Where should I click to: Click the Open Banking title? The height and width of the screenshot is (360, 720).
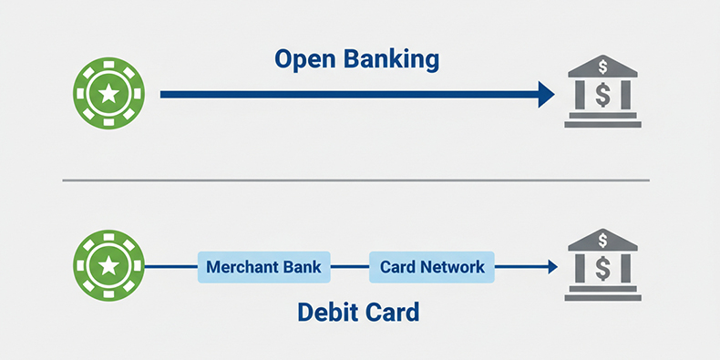coord(356,61)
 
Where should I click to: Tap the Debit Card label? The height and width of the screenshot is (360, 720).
coord(358,313)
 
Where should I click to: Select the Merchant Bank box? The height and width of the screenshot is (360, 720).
coord(264,268)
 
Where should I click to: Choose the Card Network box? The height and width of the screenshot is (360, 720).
coord(432,268)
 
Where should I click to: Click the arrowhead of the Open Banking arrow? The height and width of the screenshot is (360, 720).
coord(546,94)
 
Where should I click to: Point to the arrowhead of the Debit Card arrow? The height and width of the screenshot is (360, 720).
coord(552,267)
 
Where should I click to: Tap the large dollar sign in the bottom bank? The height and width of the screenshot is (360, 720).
coord(602,269)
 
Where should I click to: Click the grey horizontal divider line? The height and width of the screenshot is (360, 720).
coord(356,180)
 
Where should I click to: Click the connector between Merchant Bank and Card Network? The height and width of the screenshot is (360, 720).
coord(350,268)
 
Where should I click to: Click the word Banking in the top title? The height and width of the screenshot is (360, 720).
coord(394,61)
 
